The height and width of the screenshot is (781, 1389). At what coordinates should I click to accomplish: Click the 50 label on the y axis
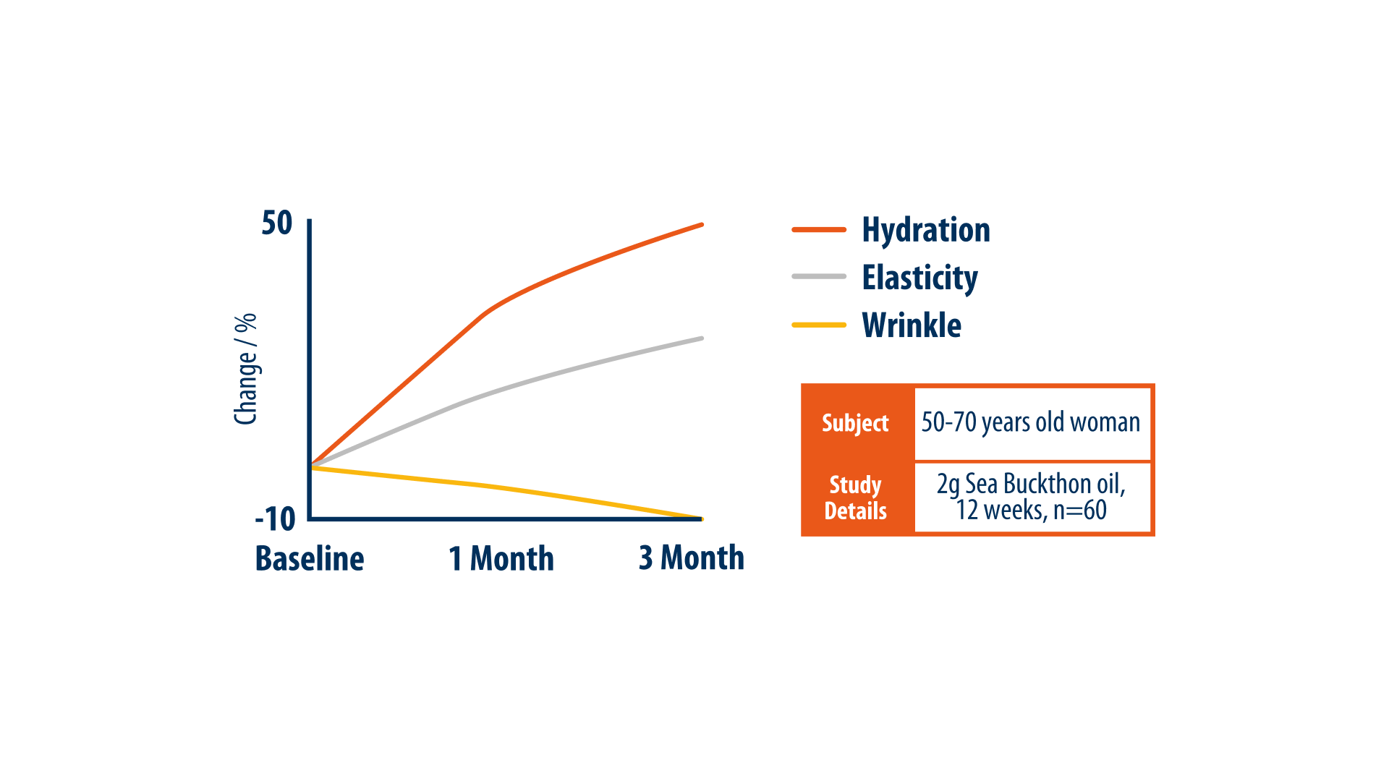coord(277,223)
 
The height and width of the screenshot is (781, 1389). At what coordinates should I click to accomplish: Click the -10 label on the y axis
coord(275,518)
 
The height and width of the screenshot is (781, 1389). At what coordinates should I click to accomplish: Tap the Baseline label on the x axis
coord(310,558)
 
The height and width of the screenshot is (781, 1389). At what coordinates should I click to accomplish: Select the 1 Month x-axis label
coord(501,558)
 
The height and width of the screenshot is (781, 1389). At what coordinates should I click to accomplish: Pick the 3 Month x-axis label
coord(692,558)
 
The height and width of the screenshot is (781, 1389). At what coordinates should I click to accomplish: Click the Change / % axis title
coord(246,369)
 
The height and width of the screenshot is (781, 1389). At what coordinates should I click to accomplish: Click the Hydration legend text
coord(926,230)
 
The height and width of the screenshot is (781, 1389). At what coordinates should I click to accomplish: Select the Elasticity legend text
coord(920,278)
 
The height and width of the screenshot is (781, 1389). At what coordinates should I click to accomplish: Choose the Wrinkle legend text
coord(912,325)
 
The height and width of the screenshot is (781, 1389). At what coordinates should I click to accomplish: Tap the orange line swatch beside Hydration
coord(819,230)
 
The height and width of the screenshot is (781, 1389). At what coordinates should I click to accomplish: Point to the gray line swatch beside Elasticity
coord(819,276)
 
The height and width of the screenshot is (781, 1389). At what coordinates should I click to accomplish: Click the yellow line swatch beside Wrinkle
coord(819,325)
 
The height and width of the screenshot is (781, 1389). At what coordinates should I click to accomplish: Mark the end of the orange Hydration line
coord(702,225)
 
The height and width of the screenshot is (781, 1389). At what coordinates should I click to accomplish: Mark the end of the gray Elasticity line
coord(702,338)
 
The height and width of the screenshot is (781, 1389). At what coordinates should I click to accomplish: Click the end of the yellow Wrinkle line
coord(702,518)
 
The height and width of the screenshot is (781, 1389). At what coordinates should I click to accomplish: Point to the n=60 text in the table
coord(1080,511)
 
